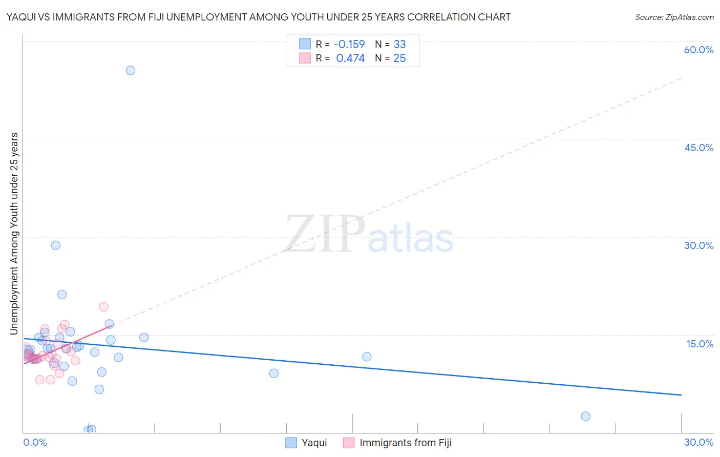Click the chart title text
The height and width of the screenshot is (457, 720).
click(259, 17)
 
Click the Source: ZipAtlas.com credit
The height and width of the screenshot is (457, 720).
click(674, 17)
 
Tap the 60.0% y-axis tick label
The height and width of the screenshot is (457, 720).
click(698, 50)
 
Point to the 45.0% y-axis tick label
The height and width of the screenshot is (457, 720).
click(698, 148)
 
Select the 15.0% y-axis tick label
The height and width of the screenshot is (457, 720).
click(700, 344)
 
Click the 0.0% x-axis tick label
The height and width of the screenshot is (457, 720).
click(35, 442)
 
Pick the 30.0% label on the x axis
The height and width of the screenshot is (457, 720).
click(698, 442)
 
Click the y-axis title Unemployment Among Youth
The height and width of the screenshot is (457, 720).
click(14, 234)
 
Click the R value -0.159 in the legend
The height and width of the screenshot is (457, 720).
click(349, 44)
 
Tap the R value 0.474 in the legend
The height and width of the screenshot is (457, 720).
click(350, 58)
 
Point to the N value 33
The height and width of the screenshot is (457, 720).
click(399, 44)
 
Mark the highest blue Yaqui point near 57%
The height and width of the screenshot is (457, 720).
click(131, 70)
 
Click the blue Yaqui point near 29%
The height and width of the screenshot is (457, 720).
click(56, 245)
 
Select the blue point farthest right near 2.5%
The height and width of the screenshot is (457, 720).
click(586, 416)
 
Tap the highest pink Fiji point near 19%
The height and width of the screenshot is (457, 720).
click(103, 306)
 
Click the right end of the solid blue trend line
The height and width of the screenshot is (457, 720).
click(681, 395)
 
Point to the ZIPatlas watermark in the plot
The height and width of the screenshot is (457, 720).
click(369, 235)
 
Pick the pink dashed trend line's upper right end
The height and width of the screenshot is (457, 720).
click(681, 78)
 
